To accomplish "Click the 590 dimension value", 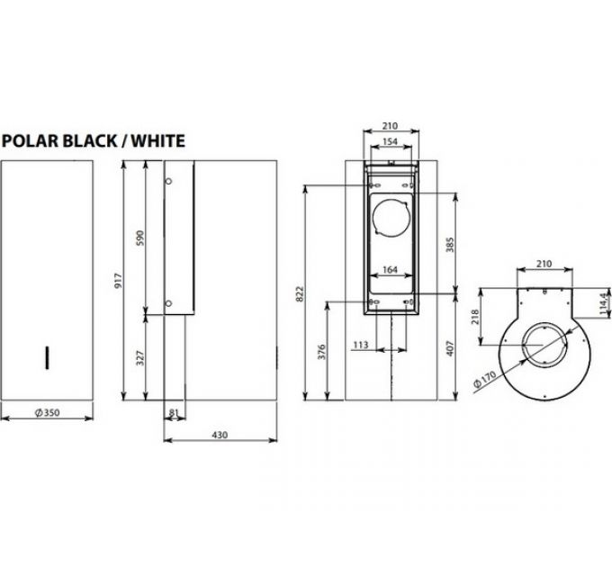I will pyautogui.click(x=139, y=238).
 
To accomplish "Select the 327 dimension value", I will pyautogui.click(x=139, y=356).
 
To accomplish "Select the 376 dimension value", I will pyautogui.click(x=322, y=353).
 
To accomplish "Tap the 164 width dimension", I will pyautogui.click(x=390, y=269).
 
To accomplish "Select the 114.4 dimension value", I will pyautogui.click(x=600, y=300).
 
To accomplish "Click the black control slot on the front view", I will pyautogui.click(x=45, y=357).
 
